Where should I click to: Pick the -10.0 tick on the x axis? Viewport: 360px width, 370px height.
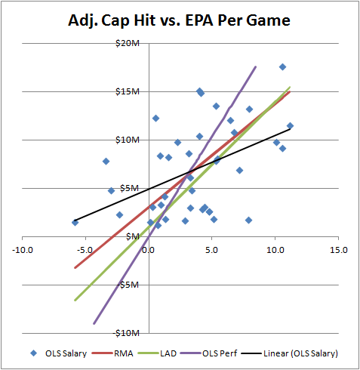(23, 249)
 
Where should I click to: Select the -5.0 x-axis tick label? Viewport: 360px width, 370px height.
(86, 249)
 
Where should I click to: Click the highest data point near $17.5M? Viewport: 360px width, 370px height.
(282, 67)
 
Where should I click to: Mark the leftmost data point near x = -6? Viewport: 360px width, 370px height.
(75, 222)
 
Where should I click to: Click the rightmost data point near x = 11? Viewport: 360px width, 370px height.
(290, 126)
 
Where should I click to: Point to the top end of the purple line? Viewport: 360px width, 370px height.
(256, 66)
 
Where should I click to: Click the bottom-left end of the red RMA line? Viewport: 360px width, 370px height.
(75, 267)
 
